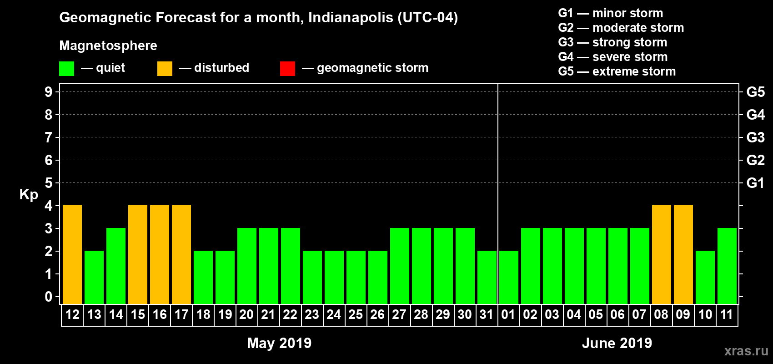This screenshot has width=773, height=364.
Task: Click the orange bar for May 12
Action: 72,254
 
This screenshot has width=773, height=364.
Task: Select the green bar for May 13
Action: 94,277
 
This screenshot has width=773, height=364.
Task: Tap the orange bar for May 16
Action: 160,254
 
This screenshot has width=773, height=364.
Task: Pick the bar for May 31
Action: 487,277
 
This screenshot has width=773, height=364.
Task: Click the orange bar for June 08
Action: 662,254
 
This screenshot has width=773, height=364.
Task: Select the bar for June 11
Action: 727,266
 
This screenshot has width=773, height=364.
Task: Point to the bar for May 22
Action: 291,266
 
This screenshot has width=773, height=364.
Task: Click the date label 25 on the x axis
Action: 356,314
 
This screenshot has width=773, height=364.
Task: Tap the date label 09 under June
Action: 683,314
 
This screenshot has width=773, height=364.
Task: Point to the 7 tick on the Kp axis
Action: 49,137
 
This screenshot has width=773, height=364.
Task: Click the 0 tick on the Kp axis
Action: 49,297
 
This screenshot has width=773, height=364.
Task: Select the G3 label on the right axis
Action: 755,137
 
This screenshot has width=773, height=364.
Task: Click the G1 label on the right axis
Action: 755,183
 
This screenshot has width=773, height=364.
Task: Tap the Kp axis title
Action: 29,194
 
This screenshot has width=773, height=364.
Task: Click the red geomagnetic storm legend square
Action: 287,69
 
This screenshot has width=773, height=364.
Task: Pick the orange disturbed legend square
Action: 165,69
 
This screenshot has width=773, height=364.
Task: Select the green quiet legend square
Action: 66,69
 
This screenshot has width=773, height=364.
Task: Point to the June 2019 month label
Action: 617,343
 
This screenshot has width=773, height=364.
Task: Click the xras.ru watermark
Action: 746,351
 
